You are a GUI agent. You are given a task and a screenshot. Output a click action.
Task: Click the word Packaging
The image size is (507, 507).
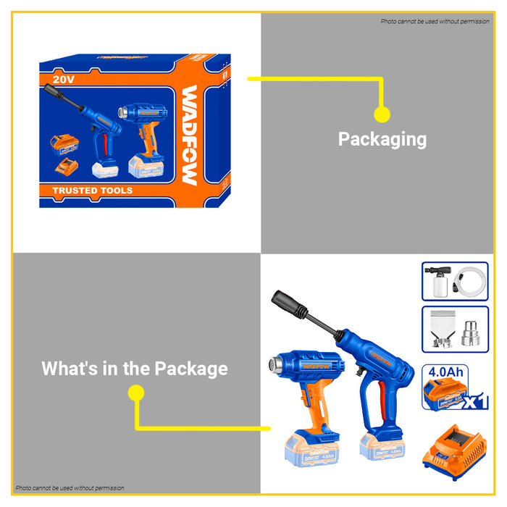point(382,138)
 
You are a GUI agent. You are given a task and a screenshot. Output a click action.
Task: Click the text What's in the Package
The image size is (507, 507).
point(135,368)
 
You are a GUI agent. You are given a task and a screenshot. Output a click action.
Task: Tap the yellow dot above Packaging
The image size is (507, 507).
point(382,114)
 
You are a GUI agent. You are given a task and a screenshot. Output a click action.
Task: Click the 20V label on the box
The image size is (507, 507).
point(64,79)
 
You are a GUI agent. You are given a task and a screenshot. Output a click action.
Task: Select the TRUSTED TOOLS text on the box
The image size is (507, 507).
point(93,190)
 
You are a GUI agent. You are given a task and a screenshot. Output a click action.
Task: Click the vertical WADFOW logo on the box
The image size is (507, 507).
point(190,135)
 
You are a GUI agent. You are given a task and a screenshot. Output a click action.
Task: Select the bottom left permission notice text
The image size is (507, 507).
point(70,488)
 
